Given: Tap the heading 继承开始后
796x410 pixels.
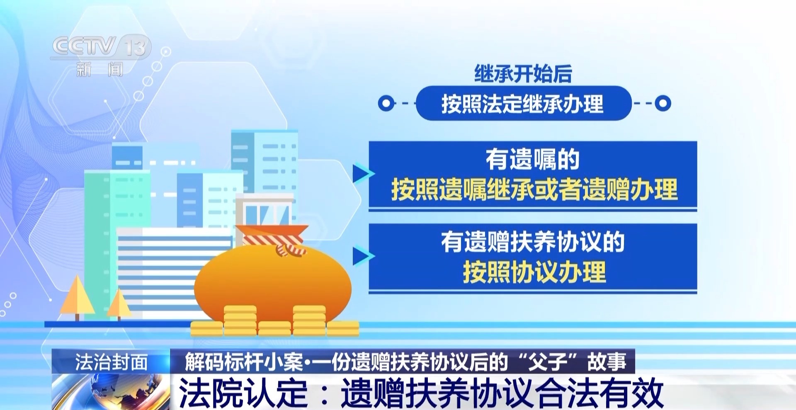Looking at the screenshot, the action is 523,74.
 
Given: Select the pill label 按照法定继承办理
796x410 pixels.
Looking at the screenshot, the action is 523,103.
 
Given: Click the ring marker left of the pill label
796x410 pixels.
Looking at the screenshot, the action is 386,103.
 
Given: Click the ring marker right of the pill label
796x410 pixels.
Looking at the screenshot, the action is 663,103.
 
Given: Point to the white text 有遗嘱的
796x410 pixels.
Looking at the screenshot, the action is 533,159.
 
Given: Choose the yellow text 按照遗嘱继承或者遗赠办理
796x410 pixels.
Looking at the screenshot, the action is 534,189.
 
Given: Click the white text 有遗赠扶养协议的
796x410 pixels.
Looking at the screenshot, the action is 533,242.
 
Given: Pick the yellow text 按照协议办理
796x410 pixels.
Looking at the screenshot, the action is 534,272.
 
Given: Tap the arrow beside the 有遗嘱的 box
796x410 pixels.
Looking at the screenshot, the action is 362,174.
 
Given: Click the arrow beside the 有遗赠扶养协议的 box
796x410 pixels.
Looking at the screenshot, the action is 362,256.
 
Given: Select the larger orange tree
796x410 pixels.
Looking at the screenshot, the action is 77,297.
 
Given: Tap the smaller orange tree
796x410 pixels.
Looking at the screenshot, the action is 119,304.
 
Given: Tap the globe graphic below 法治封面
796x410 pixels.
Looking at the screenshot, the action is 111,392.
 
